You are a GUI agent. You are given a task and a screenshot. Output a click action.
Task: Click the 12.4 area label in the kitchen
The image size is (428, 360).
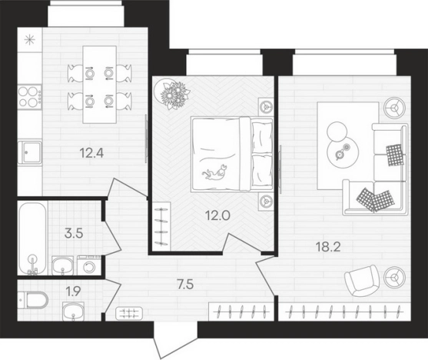[x=91, y=153]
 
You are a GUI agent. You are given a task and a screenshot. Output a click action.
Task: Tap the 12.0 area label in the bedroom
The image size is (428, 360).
[x=217, y=215]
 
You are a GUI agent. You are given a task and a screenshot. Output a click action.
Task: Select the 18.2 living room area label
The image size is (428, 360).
[x=328, y=247]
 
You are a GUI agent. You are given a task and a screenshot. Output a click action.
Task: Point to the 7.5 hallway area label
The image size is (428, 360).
[x=185, y=285]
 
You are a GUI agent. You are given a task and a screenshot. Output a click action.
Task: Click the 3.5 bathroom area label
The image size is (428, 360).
[x=74, y=234]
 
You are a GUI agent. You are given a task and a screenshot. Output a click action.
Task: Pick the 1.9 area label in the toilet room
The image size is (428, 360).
[x=74, y=292]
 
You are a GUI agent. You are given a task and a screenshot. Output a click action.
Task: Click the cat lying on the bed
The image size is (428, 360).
[x=214, y=172]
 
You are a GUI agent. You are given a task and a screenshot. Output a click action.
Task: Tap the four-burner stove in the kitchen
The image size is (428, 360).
[x=30, y=96]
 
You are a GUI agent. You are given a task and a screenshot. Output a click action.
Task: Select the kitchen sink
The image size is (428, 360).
[x=30, y=152]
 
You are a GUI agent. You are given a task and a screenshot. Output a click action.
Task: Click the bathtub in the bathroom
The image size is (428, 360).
[x=33, y=238]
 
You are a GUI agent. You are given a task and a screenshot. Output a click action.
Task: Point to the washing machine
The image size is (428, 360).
[x=88, y=265]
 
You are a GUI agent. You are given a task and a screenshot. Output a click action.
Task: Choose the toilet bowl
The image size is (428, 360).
[x=33, y=300]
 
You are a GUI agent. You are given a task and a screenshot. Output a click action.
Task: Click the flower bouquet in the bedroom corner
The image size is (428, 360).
[x=172, y=93]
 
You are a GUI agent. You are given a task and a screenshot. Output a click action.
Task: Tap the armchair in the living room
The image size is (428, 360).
[x=362, y=281]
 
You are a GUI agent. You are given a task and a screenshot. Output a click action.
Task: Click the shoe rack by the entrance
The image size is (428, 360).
[x=129, y=314]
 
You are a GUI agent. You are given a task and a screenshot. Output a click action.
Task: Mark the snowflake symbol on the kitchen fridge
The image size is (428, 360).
[x=30, y=40]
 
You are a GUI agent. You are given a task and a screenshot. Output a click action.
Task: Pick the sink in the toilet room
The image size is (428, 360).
[x=73, y=311]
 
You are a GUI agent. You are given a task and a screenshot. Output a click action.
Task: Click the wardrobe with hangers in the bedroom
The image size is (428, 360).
[x=161, y=226]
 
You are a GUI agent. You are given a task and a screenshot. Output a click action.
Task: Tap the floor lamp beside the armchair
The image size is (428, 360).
[x=394, y=278]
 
